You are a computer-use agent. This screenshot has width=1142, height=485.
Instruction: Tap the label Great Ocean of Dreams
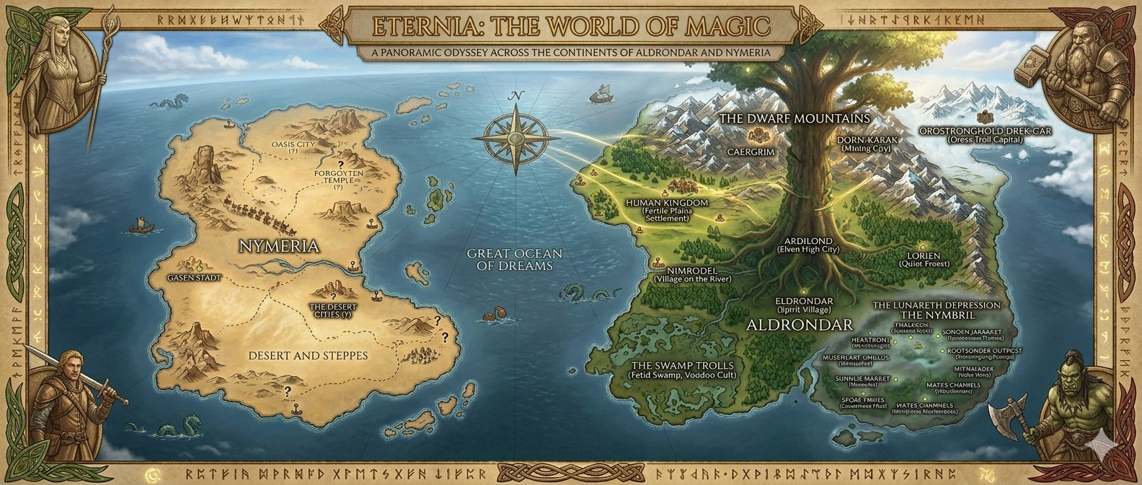click(514, 259)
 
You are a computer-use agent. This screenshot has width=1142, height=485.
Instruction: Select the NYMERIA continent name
click(278, 246)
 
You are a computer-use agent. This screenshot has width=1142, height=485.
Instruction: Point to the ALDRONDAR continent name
click(800, 324)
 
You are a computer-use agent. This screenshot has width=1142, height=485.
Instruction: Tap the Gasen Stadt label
click(193, 277)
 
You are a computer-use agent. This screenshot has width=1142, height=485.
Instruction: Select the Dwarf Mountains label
click(794, 118)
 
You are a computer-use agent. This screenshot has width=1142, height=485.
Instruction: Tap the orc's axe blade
click(1003, 421)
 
